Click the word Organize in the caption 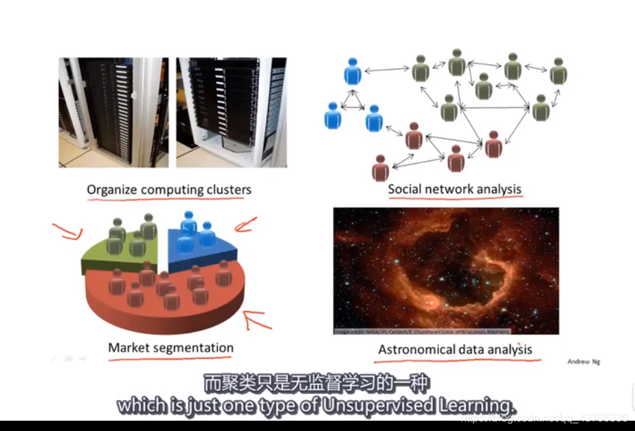(111, 190)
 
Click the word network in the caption (449, 189)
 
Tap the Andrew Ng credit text (583, 362)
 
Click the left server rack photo (113, 112)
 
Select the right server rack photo (231, 112)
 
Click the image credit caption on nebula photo (421, 331)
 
